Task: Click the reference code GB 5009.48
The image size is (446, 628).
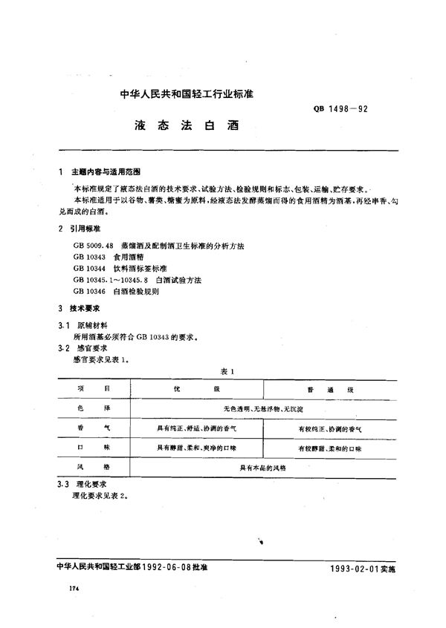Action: point(92,245)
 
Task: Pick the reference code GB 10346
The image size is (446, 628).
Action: point(92,292)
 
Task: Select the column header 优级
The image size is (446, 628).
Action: point(193,389)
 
